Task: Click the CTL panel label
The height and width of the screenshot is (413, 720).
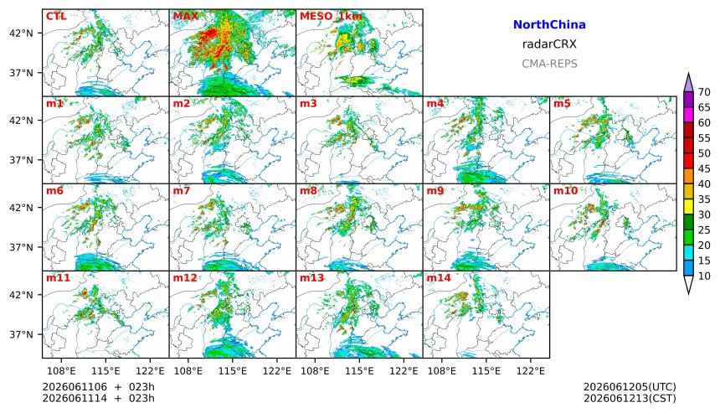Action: pyautogui.click(x=56, y=16)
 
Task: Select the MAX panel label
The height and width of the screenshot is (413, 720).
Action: pyautogui.click(x=186, y=16)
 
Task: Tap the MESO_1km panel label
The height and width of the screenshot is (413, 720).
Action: pyautogui.click(x=331, y=16)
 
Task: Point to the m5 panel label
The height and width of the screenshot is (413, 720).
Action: pyautogui.click(x=562, y=103)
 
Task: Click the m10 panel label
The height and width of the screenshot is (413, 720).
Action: pyautogui.click(x=565, y=191)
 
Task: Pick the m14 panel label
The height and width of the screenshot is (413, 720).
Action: pyautogui.click(x=439, y=278)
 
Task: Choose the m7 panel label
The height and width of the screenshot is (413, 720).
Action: pyautogui.click(x=182, y=191)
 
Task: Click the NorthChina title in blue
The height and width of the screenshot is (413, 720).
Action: pyautogui.click(x=549, y=25)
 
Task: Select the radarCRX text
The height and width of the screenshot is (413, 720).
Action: pyautogui.click(x=549, y=44)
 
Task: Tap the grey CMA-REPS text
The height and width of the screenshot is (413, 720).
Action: pyautogui.click(x=549, y=64)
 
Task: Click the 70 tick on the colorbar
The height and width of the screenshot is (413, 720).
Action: pyautogui.click(x=704, y=92)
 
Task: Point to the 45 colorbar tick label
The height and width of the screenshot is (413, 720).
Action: pyautogui.click(x=704, y=168)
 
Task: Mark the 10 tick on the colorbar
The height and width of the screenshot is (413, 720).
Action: pyautogui.click(x=704, y=276)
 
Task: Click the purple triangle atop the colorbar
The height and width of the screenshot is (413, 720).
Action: pyautogui.click(x=688, y=83)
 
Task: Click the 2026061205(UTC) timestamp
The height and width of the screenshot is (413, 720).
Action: pyautogui.click(x=630, y=387)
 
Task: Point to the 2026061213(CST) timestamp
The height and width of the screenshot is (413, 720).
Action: pyautogui.click(x=630, y=398)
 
